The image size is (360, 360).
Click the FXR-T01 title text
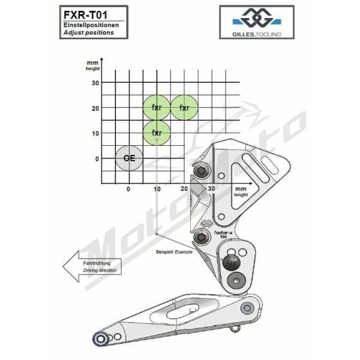85,15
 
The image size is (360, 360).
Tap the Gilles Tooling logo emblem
257,17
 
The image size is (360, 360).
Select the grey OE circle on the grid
129,158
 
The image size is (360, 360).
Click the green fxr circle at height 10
157,133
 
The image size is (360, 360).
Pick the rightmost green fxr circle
184,107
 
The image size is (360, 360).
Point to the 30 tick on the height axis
95,83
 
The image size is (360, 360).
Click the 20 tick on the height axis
95,108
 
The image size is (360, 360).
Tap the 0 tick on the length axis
128,189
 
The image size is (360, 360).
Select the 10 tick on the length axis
157,189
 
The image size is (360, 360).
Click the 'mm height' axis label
93,65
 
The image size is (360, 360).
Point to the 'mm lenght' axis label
241,192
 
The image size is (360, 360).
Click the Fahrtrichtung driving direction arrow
92,266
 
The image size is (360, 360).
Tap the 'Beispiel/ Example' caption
174,252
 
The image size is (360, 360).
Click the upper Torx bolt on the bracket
201,171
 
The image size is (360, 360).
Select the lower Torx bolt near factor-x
202,237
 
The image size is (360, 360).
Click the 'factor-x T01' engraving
223,235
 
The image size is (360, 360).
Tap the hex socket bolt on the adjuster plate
236,281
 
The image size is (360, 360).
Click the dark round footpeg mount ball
232,262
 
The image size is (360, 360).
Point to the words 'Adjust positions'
89,32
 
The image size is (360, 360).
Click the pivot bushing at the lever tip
100,338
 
